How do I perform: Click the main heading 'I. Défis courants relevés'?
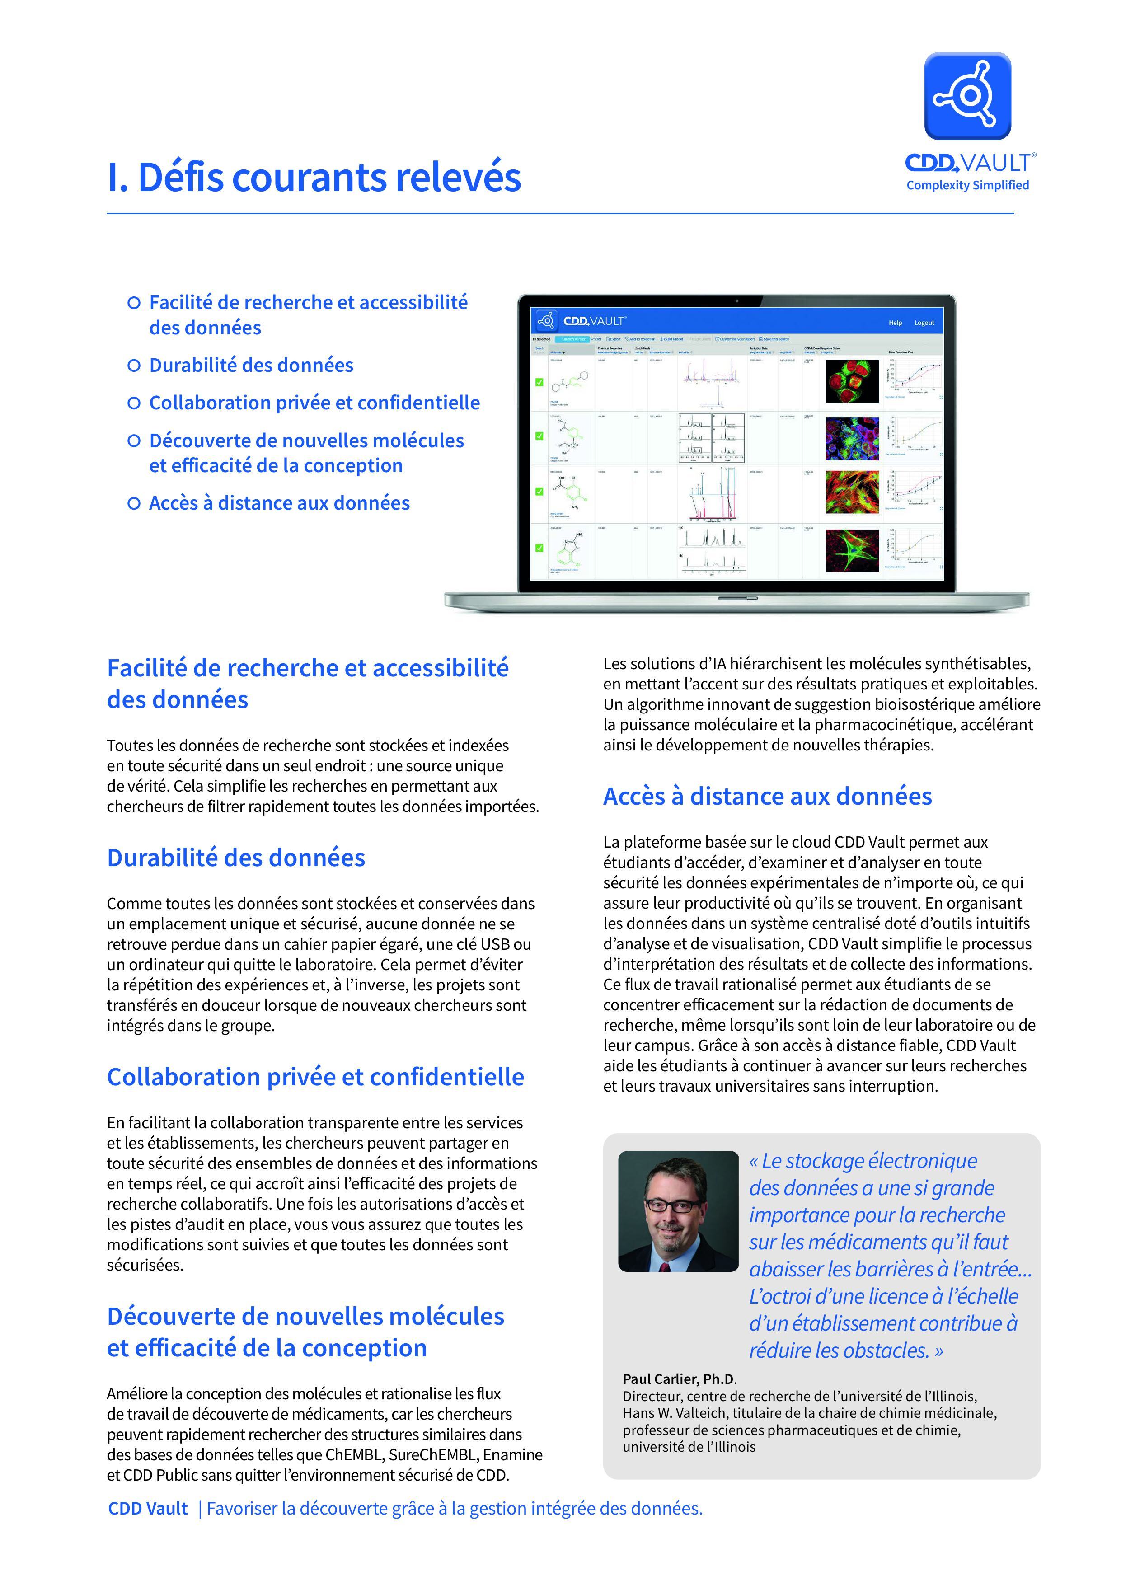pos(314,178)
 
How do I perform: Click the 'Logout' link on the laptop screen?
pos(924,323)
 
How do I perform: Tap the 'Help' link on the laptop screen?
pos(895,323)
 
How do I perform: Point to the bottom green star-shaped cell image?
pos(852,550)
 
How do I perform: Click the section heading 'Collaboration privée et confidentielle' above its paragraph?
pos(315,1077)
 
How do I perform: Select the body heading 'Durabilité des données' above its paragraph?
pos(236,858)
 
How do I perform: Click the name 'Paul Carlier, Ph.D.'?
pos(679,1379)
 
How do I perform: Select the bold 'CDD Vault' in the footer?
pos(148,1509)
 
